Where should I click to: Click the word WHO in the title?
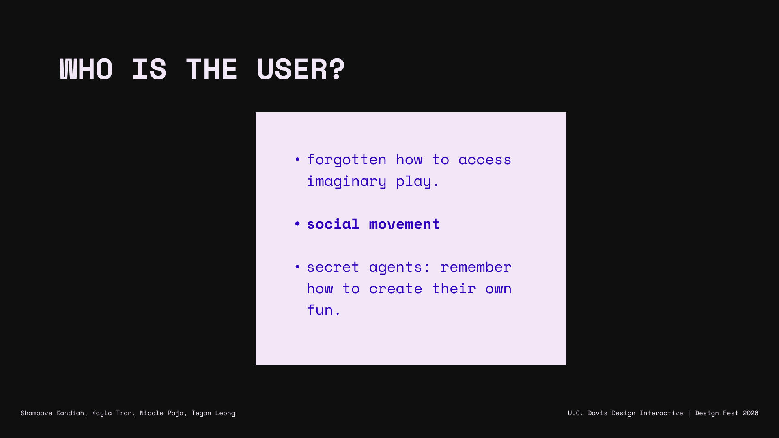(86, 69)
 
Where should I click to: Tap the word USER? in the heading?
(301, 69)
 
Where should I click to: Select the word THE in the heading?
(211, 69)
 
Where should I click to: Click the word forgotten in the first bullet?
(346, 160)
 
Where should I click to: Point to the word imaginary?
(346, 181)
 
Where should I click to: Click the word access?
(485, 160)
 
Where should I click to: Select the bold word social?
(333, 224)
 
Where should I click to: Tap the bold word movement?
(404, 224)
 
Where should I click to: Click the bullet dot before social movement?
(297, 224)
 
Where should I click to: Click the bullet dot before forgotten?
(297, 159)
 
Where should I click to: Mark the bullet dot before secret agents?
(297, 267)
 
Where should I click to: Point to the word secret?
(333, 267)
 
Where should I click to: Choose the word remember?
(476, 267)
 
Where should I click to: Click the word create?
(396, 289)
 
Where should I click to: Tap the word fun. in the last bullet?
(324, 310)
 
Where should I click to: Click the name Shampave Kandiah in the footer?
(52, 413)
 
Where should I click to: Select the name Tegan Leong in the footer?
(213, 413)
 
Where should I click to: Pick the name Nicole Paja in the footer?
(162, 413)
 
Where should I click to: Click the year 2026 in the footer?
(751, 413)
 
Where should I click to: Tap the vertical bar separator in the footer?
(689, 413)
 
